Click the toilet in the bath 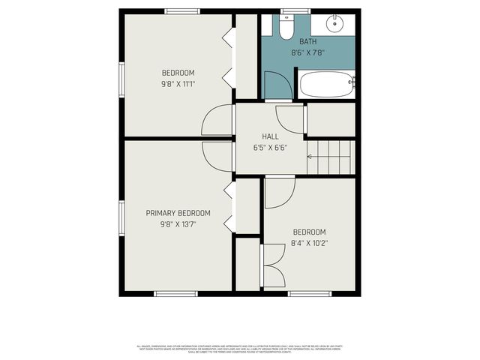pos(286,28)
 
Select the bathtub pos(327,84)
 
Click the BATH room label pos(307,41)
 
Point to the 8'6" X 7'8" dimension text pos(307,52)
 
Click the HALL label pos(270,136)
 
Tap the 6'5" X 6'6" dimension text pos(270,147)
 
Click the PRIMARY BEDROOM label pos(178,213)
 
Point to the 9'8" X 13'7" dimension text pos(178,223)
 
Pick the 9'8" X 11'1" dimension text pos(178,83)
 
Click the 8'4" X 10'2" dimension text pos(309,243)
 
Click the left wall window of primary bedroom pos(121,217)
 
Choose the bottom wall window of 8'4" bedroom pos(309,293)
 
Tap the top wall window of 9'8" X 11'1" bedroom pos(182,11)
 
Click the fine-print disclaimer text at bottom pos(240,348)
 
